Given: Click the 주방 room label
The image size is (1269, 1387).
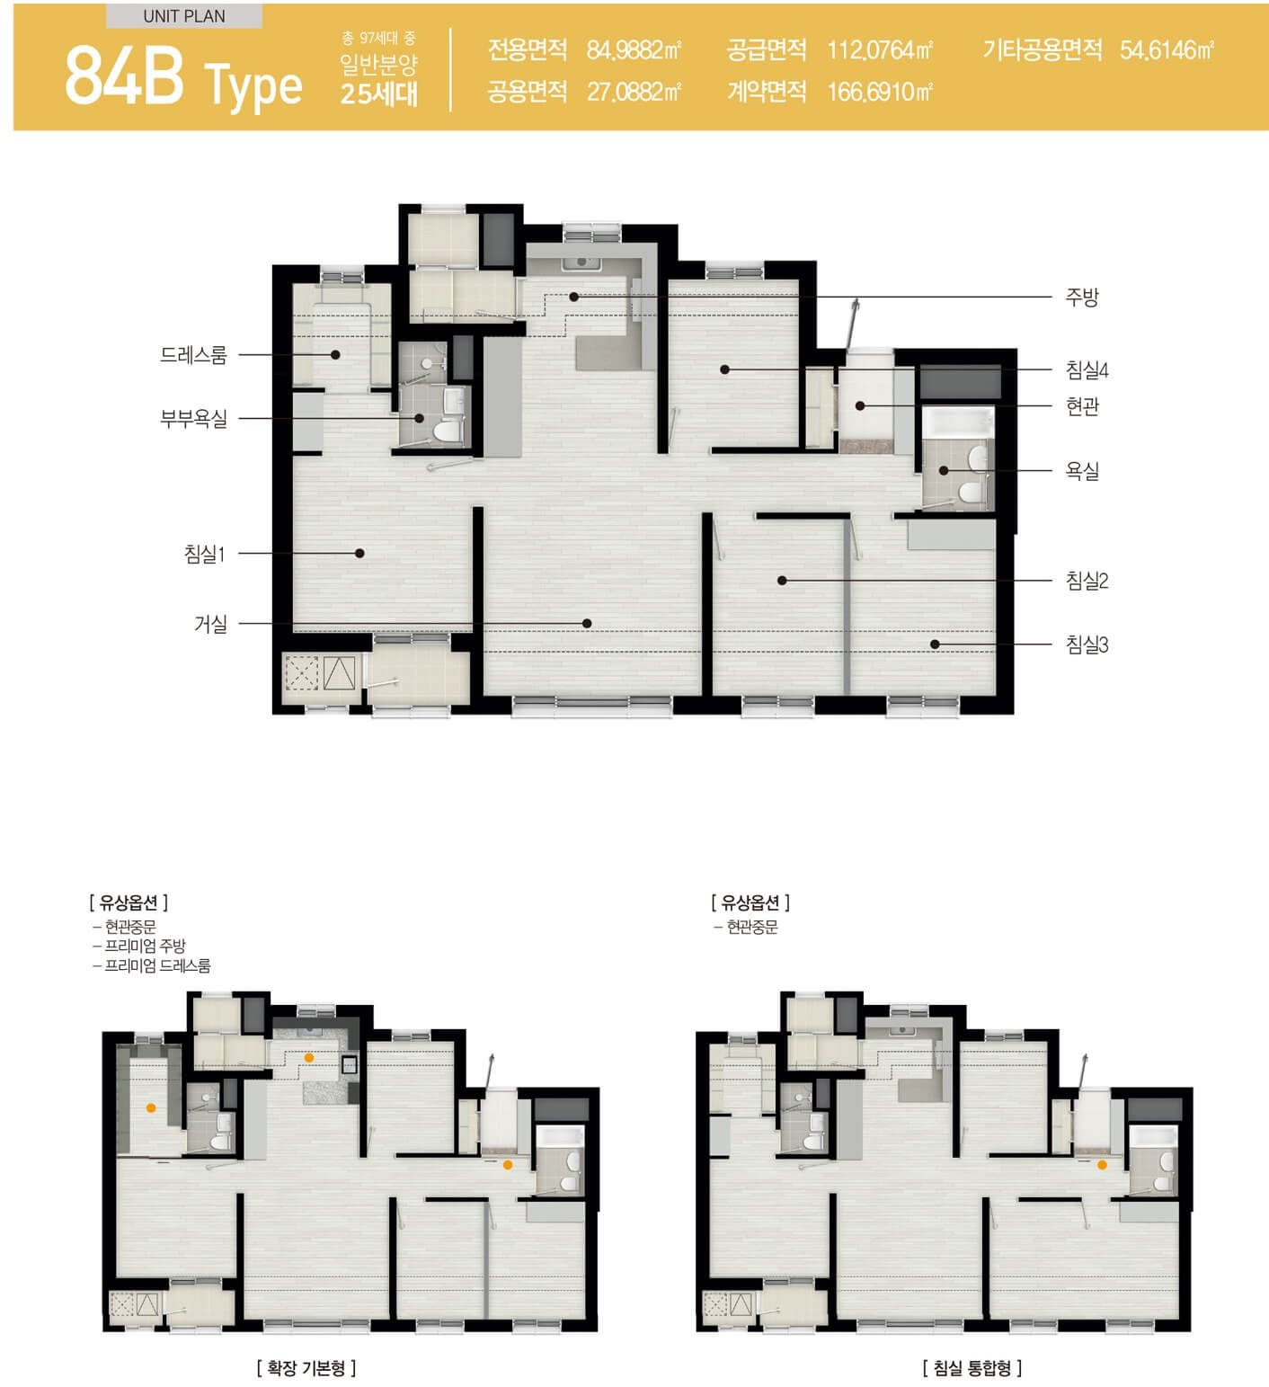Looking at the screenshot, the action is pos(1082,298).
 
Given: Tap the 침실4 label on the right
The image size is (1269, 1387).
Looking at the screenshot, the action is pos(1087,369).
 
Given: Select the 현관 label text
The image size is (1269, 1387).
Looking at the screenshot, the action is pos(1082,406).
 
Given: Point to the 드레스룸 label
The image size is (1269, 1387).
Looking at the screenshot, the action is pos(193,355).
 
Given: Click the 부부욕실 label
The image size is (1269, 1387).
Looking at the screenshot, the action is pos(193,418).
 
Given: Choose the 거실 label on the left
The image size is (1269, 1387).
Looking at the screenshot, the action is pos(210,623).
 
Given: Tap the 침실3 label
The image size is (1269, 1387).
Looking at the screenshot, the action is pos(1087,645).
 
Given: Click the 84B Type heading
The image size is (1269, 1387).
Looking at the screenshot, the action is pos(183,79).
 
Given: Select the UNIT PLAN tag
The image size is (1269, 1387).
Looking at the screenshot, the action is pos(184,16).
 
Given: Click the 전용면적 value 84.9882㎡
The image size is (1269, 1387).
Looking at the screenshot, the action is pos(634,50).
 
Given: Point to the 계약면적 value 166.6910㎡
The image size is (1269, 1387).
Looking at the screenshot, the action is pos(880,92).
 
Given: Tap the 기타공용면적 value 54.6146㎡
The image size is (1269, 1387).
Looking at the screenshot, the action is pos(1167,50).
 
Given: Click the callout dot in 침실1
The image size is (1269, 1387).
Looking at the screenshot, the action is pos(359,553).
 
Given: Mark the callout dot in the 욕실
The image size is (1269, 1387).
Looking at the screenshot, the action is pos(944,470).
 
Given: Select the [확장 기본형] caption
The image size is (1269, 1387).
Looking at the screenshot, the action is pos(306,1368).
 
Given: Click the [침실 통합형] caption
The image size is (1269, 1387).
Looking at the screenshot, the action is pos(972,1368).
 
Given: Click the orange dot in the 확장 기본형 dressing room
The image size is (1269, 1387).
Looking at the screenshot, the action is pos(151,1108).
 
